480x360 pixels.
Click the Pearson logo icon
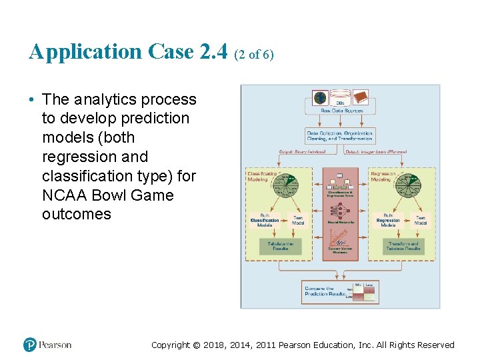30,345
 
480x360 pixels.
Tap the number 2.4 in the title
213,51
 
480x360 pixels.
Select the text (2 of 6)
254,55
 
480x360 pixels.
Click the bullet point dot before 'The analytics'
32,100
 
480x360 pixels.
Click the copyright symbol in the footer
195,345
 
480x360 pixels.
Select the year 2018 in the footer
215,345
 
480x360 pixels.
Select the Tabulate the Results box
280,247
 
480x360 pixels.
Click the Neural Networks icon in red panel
340,211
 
